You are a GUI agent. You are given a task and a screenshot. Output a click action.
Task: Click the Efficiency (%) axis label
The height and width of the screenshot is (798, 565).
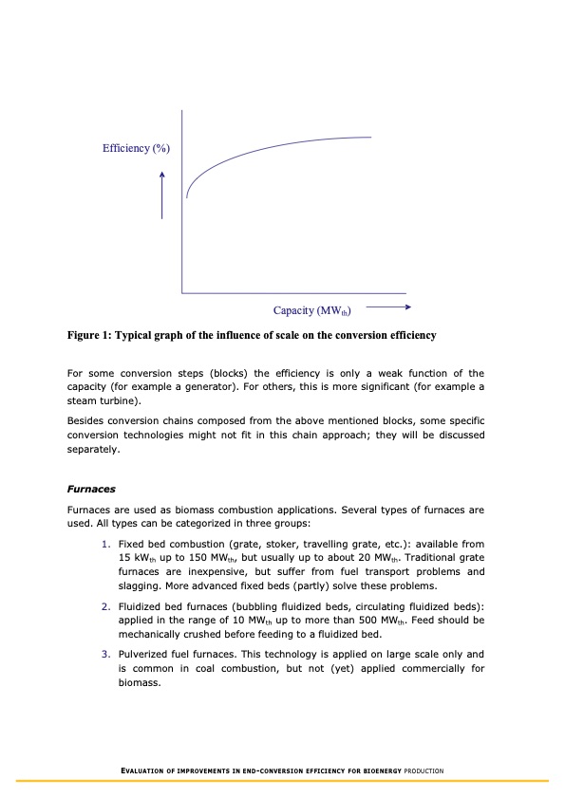pyautogui.click(x=137, y=148)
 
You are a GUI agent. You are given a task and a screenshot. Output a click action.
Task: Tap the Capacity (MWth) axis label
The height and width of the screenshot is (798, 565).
pyautogui.click(x=312, y=310)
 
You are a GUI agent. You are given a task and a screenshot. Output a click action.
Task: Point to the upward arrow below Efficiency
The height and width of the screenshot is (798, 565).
pyautogui.click(x=162, y=195)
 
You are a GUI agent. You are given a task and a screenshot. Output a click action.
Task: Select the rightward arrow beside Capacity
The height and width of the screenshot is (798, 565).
pyautogui.click(x=386, y=307)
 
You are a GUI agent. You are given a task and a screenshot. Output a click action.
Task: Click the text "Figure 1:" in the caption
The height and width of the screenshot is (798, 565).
pyautogui.click(x=88, y=335)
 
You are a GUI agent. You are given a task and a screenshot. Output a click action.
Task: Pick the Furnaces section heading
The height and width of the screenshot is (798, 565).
pyautogui.click(x=91, y=490)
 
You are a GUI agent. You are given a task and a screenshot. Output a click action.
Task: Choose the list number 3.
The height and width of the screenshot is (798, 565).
pyautogui.click(x=105, y=655)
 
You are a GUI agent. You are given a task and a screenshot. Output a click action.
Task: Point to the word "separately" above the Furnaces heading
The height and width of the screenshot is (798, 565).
pyautogui.click(x=93, y=449)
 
